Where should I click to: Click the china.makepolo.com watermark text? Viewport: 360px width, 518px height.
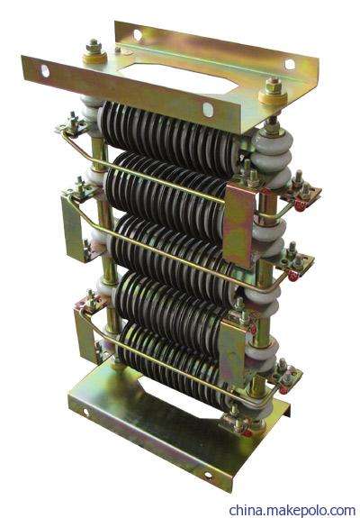pos(292,511)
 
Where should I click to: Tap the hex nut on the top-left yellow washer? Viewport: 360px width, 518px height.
pos(94,47)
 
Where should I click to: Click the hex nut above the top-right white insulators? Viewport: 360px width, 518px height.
pos(274,86)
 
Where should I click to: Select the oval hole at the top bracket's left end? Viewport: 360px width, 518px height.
pos(45,70)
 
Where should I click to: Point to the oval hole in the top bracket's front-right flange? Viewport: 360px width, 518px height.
pos(208,110)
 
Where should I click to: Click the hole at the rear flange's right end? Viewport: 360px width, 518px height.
pos(290,64)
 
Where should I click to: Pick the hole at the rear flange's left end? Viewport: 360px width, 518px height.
pos(138,35)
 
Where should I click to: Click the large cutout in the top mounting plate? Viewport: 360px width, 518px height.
pos(178,78)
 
